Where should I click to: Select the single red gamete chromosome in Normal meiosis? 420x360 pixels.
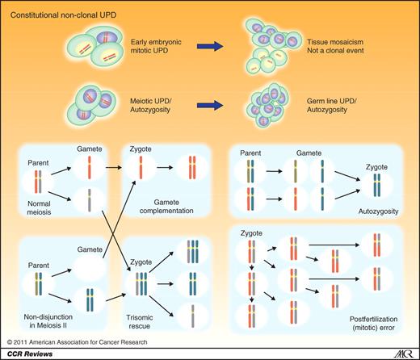point(90,170)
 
